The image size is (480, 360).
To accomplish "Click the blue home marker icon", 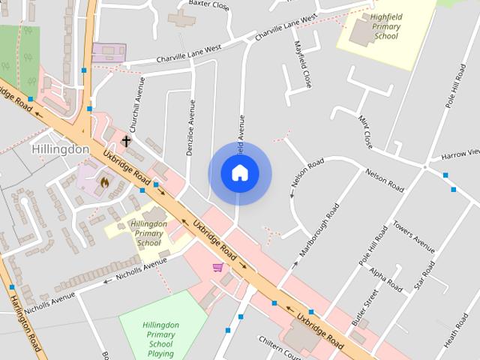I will coord(239,173).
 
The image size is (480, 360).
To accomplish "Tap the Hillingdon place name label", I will coord(61,149).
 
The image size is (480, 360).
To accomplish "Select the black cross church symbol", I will coord(127,141).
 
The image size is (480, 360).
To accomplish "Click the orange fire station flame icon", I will coord(104,181).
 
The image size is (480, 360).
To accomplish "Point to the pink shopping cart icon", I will coord(217,267).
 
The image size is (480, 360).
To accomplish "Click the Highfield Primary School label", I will coord(386,26).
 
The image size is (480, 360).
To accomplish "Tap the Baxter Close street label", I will coord(208,5).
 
